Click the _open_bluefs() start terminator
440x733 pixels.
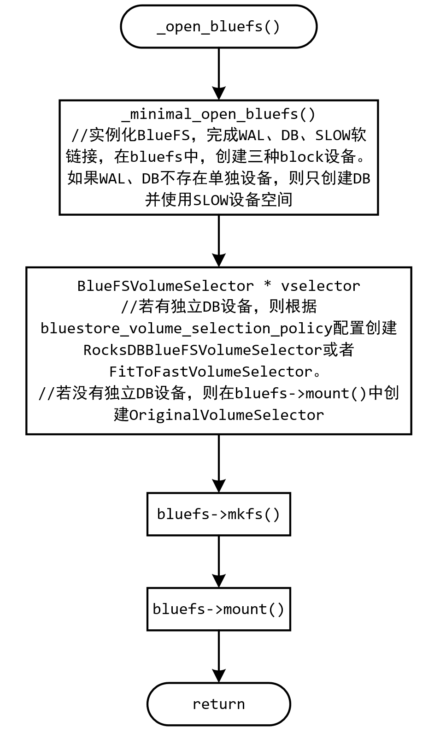[218, 26]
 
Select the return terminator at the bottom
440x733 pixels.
[218, 704]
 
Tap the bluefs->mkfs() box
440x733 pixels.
[218, 514]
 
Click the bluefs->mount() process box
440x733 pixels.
[218, 609]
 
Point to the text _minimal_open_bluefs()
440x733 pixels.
[218, 114]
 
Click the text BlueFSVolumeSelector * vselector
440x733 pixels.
[218, 286]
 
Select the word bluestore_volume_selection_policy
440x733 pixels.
[186, 329]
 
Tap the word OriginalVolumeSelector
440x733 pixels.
[226, 415]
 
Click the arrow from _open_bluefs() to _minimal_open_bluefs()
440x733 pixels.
[218, 74]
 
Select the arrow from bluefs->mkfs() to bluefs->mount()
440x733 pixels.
[218, 562]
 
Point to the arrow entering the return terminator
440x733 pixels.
[218, 656]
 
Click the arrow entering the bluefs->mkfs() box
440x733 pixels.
[218, 463]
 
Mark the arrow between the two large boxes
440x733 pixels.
[218, 241]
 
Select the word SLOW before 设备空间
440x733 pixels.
[211, 200]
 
